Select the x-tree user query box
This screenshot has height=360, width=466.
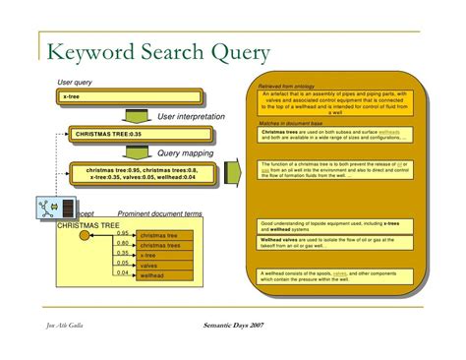point(129,97)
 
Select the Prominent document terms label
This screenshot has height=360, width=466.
point(160,213)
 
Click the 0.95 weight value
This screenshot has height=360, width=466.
point(123,233)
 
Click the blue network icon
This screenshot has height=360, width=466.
point(45,209)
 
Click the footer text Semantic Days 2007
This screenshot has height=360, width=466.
point(226,325)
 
